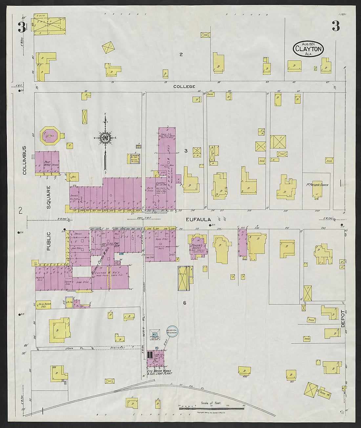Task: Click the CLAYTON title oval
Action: click(x=308, y=49)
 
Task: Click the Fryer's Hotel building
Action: click(x=197, y=246)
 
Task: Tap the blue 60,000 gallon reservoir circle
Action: click(x=172, y=332)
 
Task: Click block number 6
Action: click(x=184, y=303)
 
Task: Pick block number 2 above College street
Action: click(x=181, y=55)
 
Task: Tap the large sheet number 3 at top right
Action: click(x=335, y=26)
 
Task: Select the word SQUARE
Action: click(x=49, y=197)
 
